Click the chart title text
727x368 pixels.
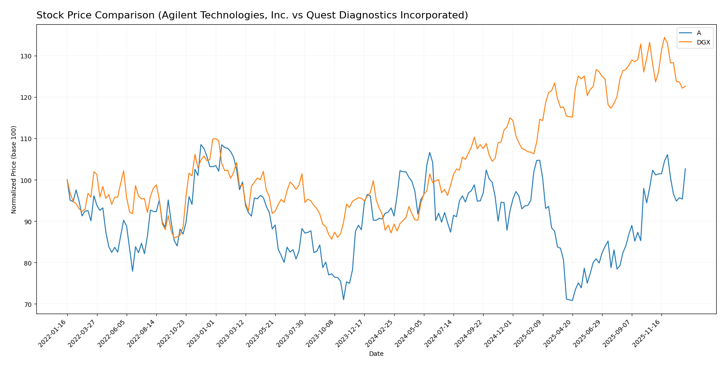coord(252,16)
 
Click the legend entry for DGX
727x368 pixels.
coord(703,43)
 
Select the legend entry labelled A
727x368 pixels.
coord(699,33)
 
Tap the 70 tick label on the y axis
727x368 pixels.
coord(29,304)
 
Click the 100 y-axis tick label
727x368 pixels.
coord(27,180)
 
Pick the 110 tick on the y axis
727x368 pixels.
coord(27,139)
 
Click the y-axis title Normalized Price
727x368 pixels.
coord(14,169)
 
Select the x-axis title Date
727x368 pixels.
coord(376,354)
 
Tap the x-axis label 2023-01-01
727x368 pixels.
coord(203,333)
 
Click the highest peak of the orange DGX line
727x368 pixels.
coord(664,37)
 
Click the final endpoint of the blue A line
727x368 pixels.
coord(685,169)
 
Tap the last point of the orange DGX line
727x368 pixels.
coord(685,86)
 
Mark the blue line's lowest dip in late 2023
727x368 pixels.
coord(344,300)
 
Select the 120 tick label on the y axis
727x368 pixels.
coord(27,98)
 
